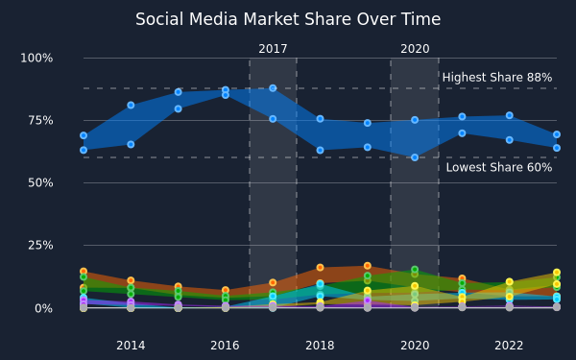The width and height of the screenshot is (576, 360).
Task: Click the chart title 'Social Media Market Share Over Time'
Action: coord(288,19)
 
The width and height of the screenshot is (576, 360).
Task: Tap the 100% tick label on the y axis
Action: coord(36,58)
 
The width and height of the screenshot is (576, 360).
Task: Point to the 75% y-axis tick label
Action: coord(40,121)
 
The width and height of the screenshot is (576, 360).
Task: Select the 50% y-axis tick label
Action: coord(40,182)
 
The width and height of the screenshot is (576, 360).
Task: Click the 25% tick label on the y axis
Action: coord(40,245)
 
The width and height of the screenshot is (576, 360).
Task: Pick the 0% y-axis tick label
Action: coord(44,308)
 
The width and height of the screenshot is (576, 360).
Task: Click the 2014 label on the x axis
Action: coord(131,346)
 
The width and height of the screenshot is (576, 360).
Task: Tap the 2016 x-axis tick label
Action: coord(226,346)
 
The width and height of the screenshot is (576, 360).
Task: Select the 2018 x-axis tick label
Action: coord(320,346)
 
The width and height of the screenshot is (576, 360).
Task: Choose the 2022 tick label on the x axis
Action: coord(509,346)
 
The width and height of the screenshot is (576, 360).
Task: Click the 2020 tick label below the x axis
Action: coord(415,346)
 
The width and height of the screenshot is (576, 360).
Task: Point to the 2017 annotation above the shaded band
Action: coord(273,49)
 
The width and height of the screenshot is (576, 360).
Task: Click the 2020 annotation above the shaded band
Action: coord(415,49)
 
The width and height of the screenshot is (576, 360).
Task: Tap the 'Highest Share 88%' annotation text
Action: coord(497,78)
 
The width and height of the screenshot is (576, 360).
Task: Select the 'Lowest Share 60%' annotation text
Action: coord(499,167)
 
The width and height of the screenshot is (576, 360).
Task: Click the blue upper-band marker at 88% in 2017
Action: coord(273,88)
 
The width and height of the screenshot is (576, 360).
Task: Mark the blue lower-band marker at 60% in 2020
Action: coord(415,157)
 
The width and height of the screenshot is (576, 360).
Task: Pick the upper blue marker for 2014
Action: coord(131,105)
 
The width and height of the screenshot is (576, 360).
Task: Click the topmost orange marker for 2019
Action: coord(368,266)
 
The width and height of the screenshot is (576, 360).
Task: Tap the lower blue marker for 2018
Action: coord(320,151)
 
